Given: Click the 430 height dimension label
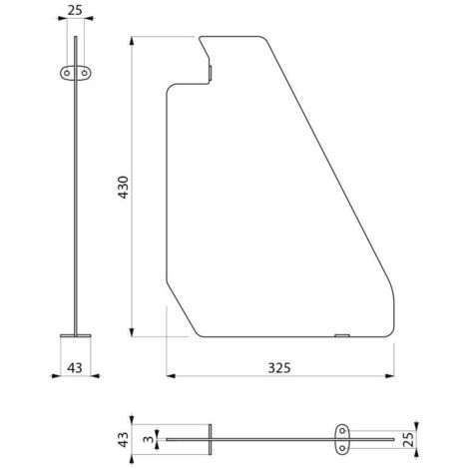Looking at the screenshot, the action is click(x=124, y=188).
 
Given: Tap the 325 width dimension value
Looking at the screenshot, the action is click(x=279, y=368).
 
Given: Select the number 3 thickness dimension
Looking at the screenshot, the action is click(x=149, y=439).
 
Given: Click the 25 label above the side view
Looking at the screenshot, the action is click(x=75, y=11).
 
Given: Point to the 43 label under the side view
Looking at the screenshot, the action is click(x=75, y=368).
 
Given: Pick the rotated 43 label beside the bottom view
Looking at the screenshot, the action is click(x=124, y=439).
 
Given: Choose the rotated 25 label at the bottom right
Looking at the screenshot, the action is click(x=409, y=439).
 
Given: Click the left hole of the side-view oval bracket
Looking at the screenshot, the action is click(x=67, y=73).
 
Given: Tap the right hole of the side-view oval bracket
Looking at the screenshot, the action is click(x=85, y=73).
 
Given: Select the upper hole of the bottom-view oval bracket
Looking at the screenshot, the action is click(x=342, y=431).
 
